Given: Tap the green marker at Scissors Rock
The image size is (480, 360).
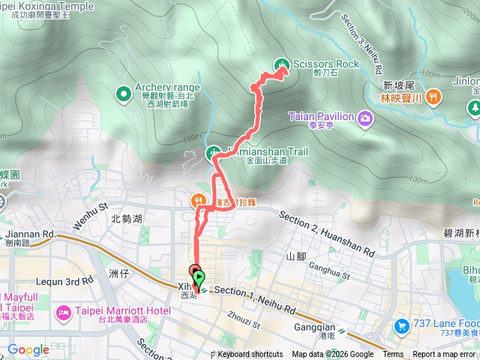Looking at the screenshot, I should point(281,64).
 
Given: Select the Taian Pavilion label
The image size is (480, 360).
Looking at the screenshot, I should point(320,116).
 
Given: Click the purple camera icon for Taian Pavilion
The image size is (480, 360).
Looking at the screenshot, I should point(364,117).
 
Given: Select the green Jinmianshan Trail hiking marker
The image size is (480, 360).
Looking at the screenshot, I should point(213,154).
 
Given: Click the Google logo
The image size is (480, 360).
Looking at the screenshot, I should point(28,349).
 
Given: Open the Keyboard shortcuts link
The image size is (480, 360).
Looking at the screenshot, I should point(250,355).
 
